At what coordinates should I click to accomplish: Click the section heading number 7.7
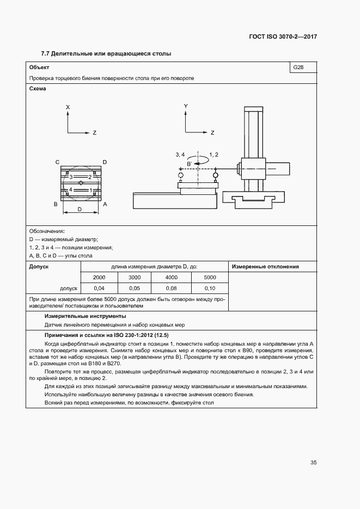tap(46, 54)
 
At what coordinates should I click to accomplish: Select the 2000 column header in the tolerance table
tap(99, 278)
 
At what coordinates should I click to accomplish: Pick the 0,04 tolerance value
tap(99, 288)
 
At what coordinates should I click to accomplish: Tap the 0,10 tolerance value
tap(210, 288)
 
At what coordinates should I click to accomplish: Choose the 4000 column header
tap(172, 278)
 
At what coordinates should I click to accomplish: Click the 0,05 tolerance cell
tap(135, 288)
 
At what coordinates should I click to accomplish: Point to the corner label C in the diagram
tap(57, 162)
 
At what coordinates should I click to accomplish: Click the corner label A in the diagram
tap(105, 204)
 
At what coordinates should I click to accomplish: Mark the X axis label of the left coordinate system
tap(68, 108)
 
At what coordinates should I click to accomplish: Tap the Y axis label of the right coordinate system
tap(186, 106)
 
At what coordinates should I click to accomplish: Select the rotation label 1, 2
tap(213, 155)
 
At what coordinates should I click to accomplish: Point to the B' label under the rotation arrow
tap(190, 163)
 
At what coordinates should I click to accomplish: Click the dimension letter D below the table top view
tap(80, 209)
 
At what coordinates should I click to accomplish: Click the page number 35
tap(314, 463)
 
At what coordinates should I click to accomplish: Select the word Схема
tap(38, 88)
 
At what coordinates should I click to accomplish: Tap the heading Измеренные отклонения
tap(265, 267)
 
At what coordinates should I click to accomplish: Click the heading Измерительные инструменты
tap(85, 316)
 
